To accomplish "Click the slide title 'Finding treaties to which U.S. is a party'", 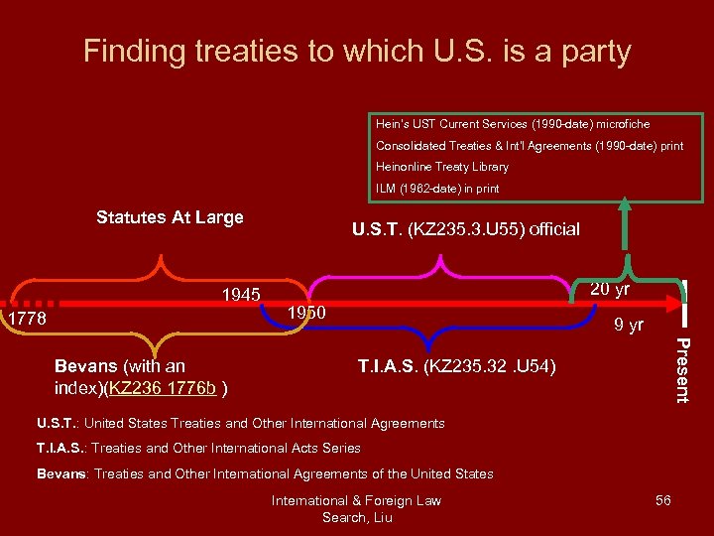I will click(x=357, y=51).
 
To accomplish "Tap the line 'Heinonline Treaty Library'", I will click(x=442, y=167).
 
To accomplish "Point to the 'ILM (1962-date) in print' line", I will click(x=437, y=188).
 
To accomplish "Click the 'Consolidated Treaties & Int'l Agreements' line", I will click(x=530, y=146).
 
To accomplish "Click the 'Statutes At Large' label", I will click(x=170, y=217).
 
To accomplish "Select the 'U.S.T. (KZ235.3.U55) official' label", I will click(x=465, y=229).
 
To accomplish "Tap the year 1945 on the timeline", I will click(x=241, y=295).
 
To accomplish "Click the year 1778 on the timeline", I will click(x=27, y=319).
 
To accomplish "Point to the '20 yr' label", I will click(x=609, y=289).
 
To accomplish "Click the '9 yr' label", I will click(x=628, y=325).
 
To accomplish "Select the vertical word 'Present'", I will click(x=681, y=370).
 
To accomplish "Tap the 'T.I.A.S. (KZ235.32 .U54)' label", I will click(x=457, y=367).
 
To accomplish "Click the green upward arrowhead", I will click(x=625, y=205).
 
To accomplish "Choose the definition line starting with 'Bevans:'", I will click(x=265, y=473).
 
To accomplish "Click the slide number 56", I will click(x=662, y=500).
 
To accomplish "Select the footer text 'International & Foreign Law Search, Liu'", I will click(x=356, y=508).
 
